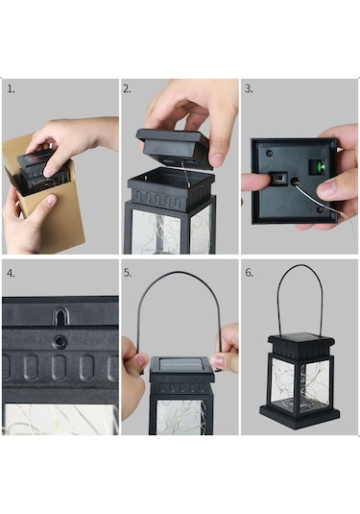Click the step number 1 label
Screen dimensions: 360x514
point(11,88)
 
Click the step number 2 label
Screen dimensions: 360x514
point(127,88)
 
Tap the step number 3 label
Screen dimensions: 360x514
point(249,88)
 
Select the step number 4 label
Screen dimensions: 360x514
point(11,274)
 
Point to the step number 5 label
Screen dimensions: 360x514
point(128,273)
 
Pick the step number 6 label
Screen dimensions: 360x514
point(250,273)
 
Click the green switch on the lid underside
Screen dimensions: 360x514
point(317,167)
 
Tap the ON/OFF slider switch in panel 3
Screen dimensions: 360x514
point(277,180)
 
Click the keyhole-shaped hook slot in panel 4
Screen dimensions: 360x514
point(60,315)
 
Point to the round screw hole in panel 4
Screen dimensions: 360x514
point(60,341)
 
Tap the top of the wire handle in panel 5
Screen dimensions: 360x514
point(179,273)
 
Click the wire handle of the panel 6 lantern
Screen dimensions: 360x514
point(300,266)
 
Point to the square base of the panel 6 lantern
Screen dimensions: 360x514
point(300,415)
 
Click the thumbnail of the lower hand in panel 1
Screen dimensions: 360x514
point(51,199)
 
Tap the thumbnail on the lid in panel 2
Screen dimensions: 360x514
point(217,159)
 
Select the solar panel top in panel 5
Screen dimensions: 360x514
point(180,364)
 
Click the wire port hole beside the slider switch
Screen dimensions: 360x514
point(295,181)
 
